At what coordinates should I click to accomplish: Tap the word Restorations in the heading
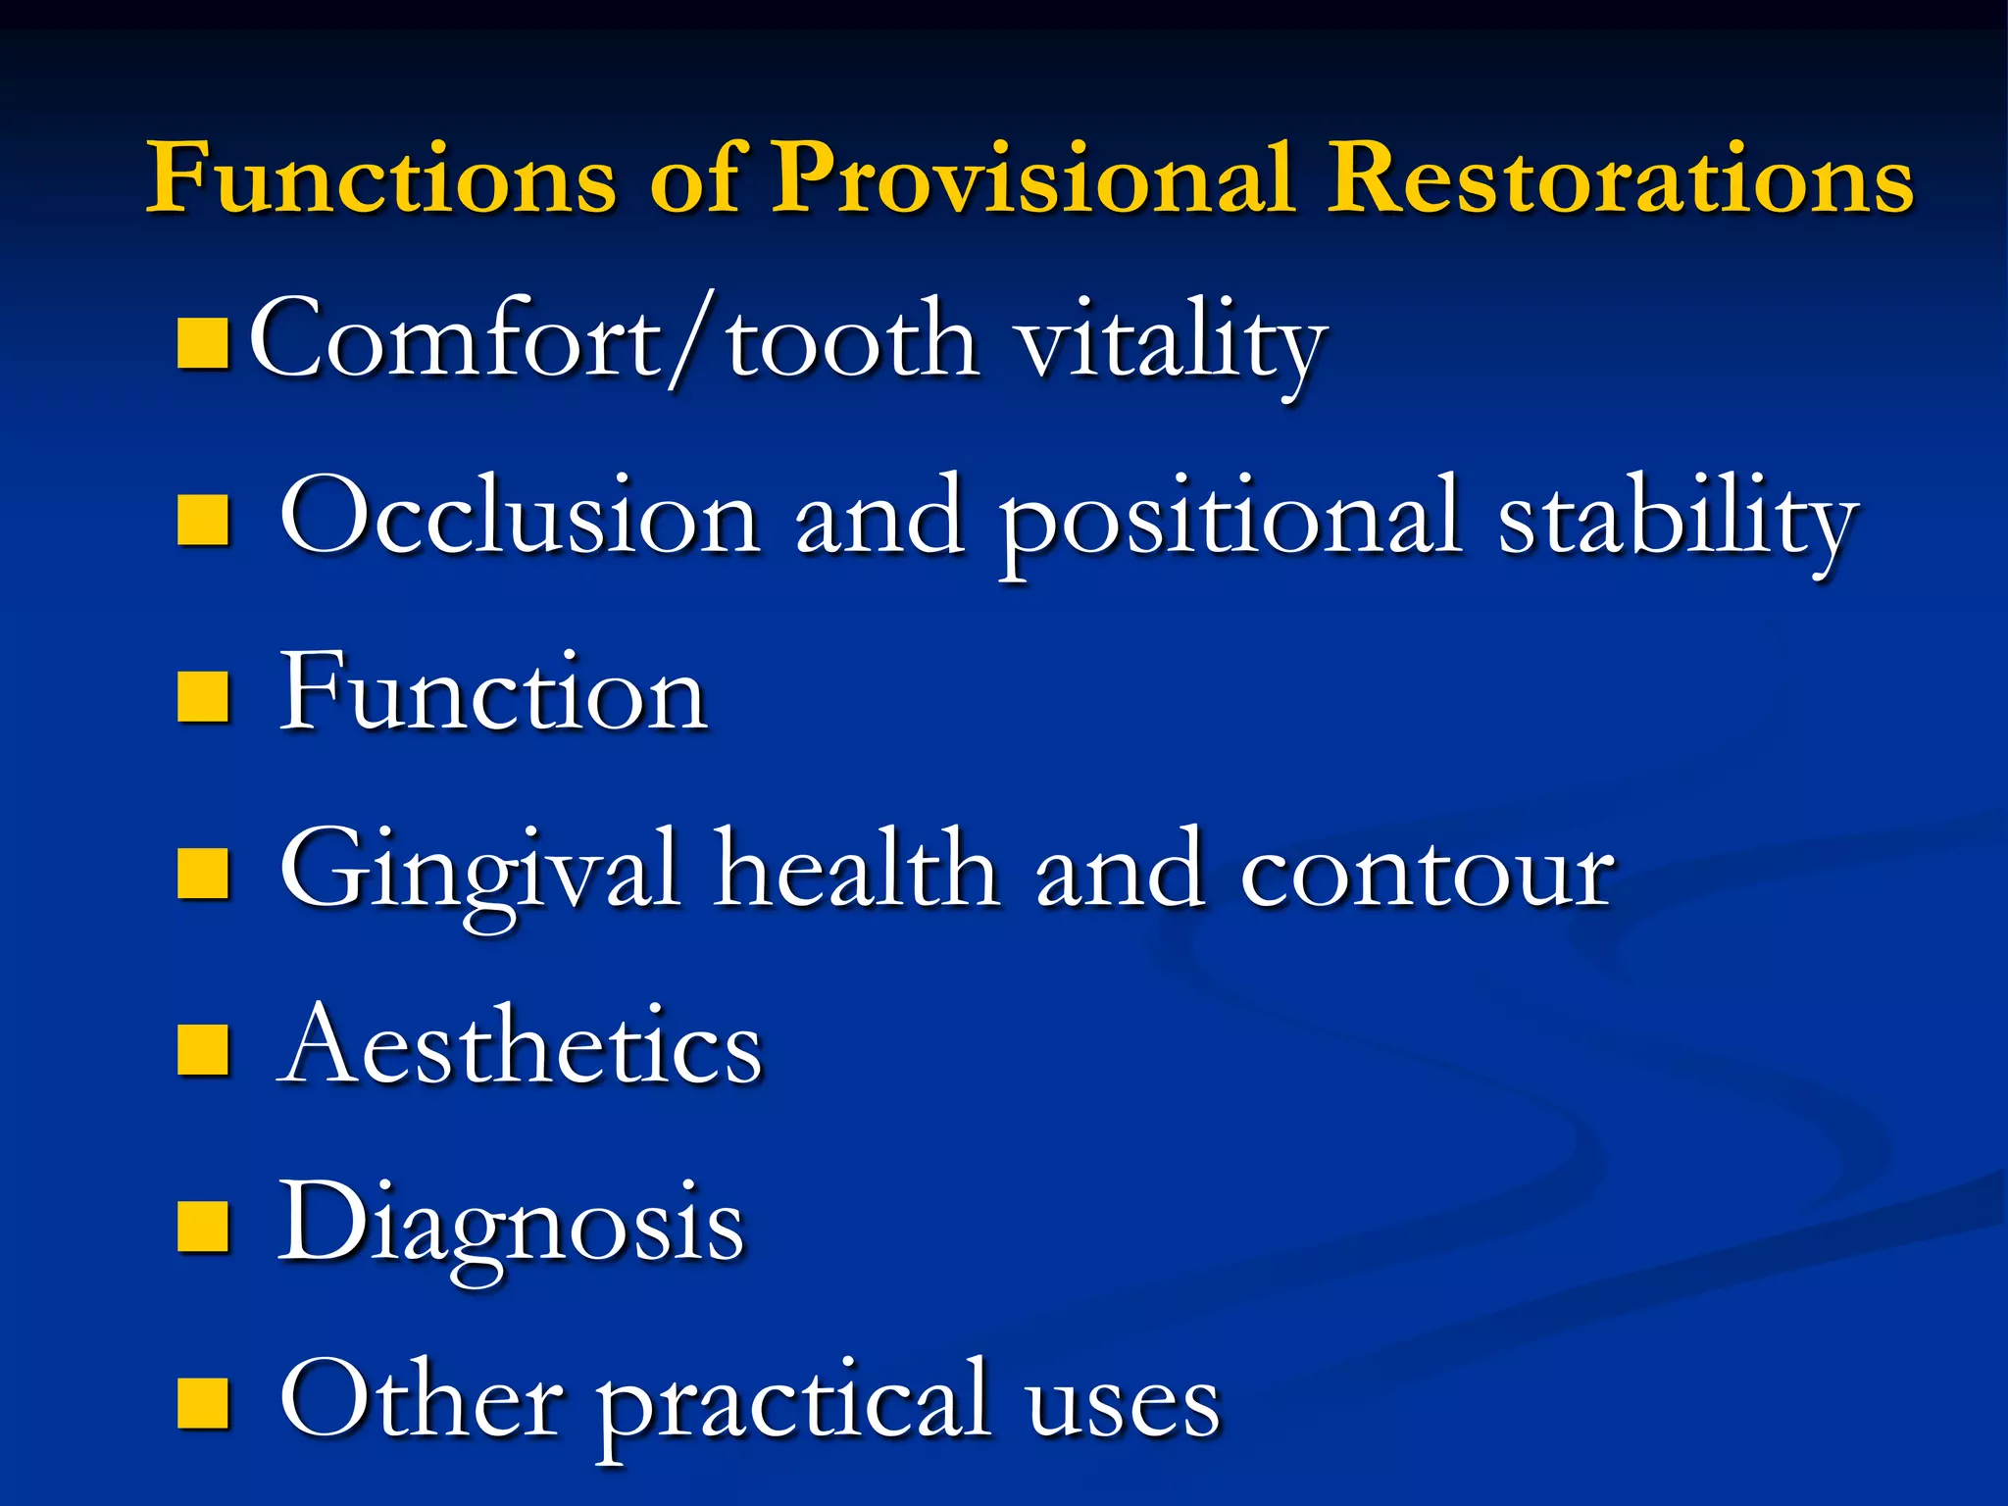[x=1620, y=178]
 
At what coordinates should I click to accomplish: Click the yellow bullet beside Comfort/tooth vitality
[x=204, y=343]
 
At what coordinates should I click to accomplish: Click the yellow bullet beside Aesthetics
[x=204, y=1049]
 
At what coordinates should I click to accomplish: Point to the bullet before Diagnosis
[x=204, y=1226]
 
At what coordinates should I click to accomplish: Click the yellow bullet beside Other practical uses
[x=204, y=1402]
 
